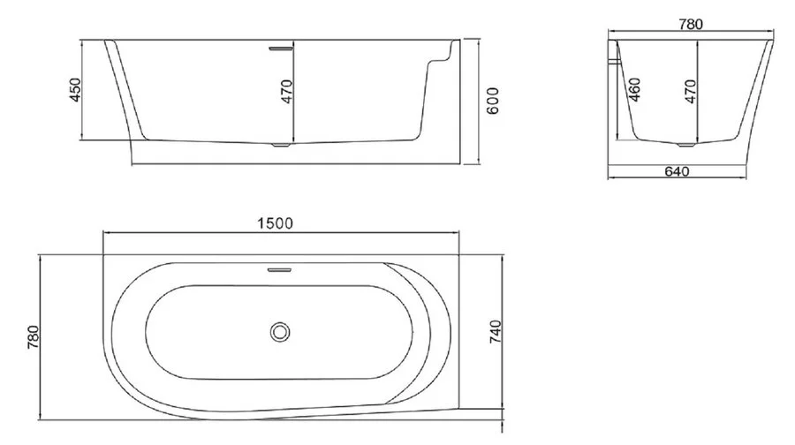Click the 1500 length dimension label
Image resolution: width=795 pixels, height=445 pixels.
276,222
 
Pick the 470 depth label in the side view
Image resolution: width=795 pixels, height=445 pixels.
287,91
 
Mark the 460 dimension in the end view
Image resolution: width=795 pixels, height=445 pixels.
634,89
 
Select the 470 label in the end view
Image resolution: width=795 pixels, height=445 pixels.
691,91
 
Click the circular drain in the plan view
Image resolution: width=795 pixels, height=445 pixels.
281,332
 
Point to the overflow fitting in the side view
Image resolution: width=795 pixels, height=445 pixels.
281,48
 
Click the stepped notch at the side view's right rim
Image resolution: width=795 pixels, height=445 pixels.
442,58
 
